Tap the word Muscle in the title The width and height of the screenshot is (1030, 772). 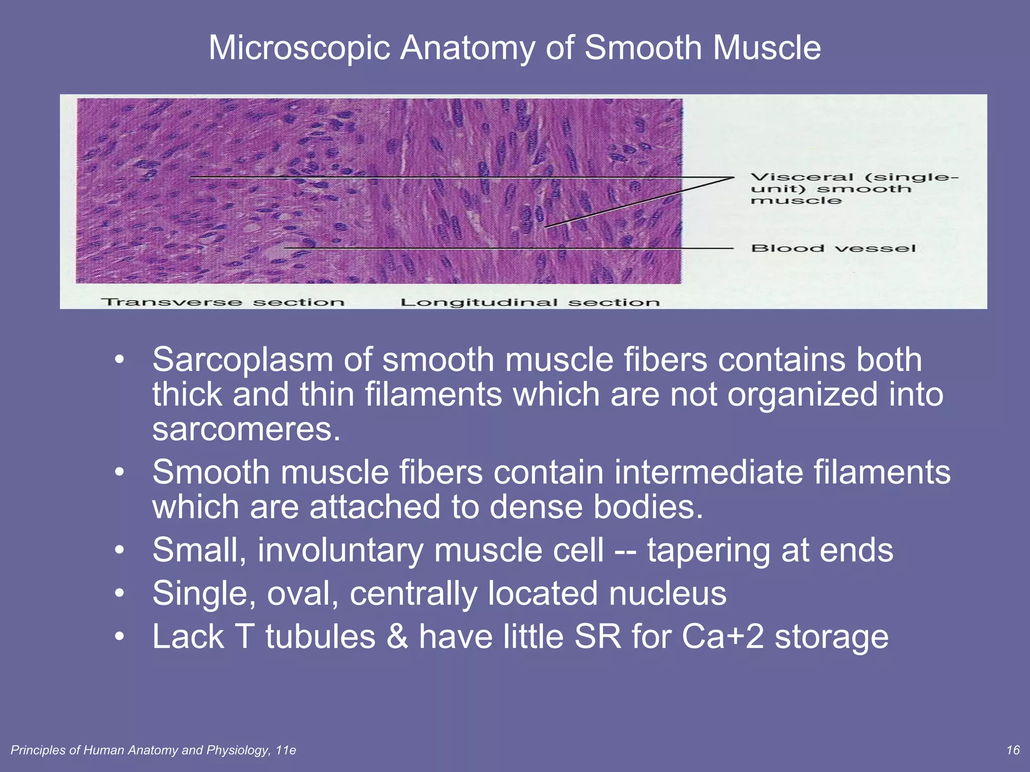766,48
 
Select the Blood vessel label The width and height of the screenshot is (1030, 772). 833,248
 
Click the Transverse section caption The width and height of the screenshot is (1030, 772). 223,302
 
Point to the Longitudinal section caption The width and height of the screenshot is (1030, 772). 530,302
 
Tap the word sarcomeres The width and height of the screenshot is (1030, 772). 246,429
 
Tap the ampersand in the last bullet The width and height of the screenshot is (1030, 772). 397,637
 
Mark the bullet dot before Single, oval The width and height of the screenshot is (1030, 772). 119,594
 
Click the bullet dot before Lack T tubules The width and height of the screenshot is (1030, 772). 119,637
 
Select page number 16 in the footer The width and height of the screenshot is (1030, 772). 1012,750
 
